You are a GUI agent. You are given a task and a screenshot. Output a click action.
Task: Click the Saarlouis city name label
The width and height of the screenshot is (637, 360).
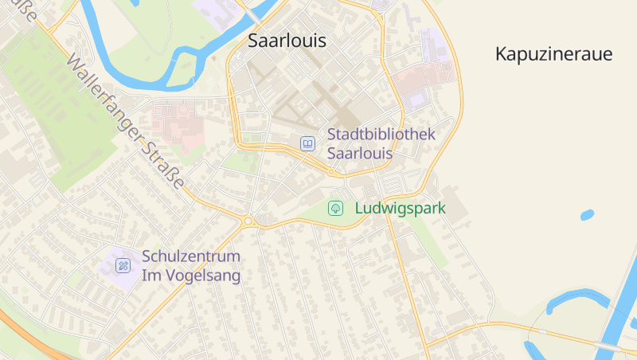coord(287,41)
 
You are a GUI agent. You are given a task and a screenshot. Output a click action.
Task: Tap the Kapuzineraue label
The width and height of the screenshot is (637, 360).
coord(553,54)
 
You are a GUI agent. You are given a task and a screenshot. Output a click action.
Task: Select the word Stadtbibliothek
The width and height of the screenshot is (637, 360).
coord(381,134)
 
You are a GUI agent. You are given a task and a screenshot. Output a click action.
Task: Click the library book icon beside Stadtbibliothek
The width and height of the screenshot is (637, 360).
coord(307,143)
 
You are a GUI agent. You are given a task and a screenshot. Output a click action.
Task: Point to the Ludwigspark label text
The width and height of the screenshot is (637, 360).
coord(399,209)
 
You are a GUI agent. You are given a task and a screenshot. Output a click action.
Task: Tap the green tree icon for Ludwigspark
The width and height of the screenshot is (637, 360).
coord(336,209)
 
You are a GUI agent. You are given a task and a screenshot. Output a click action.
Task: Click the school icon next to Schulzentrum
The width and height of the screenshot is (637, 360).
coord(123,265)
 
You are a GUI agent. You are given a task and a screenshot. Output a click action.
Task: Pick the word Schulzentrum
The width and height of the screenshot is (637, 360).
coord(191,257)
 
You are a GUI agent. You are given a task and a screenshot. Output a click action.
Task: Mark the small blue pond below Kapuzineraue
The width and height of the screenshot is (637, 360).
coord(587,214)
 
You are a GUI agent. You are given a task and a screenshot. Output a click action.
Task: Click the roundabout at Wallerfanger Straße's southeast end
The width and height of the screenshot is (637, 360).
coord(248,221)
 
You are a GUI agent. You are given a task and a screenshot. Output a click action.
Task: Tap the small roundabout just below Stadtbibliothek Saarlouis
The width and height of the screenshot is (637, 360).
coord(331,171)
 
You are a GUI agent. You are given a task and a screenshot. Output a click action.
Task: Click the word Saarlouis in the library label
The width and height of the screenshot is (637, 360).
coord(360,153)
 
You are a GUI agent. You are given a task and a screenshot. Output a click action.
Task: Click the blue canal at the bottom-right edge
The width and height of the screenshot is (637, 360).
coord(621,311)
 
